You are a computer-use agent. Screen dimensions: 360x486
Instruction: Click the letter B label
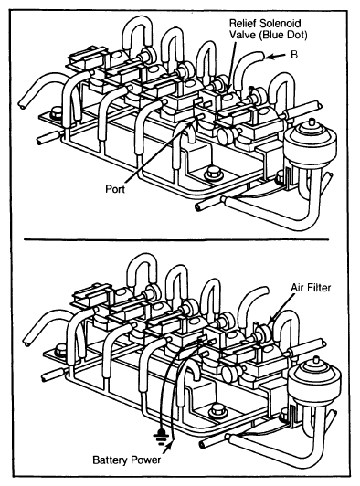click(x=294, y=55)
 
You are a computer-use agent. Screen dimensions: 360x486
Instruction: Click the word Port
click(x=115, y=189)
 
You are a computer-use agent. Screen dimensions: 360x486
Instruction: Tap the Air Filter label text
click(x=311, y=288)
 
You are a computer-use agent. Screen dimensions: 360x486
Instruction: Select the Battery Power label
click(x=127, y=460)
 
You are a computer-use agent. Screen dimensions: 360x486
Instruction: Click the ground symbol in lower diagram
click(x=160, y=438)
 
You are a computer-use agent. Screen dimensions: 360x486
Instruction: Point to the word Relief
click(x=243, y=23)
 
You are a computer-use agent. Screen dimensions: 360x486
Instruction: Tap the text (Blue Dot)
click(x=283, y=35)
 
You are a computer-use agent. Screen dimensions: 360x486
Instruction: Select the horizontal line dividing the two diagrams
click(x=176, y=239)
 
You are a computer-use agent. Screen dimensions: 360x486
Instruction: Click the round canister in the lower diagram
click(x=314, y=377)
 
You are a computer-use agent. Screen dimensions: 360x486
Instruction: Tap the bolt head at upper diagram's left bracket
click(x=57, y=112)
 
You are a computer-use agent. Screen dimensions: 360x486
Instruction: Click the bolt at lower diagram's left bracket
click(x=61, y=352)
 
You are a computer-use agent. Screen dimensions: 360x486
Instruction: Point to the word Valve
click(x=242, y=35)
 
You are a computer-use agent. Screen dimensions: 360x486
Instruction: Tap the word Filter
click(x=320, y=288)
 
